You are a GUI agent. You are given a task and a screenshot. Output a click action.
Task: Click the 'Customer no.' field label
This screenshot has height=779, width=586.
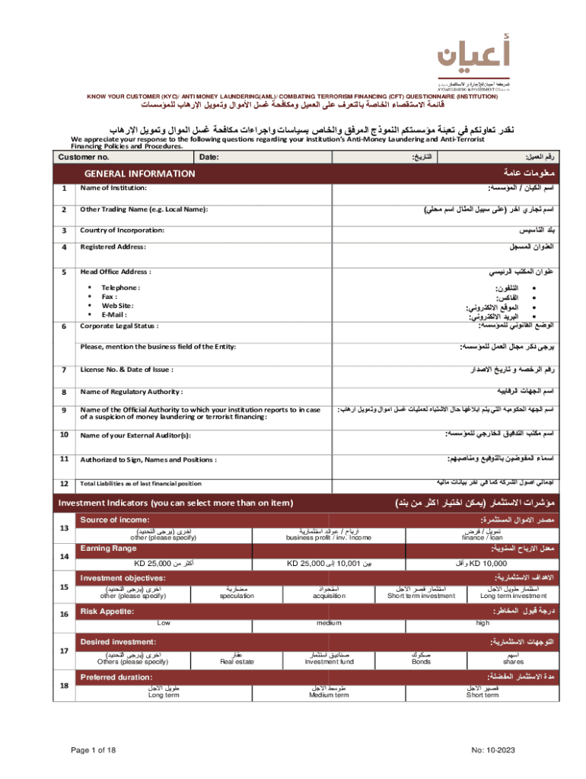[83, 157]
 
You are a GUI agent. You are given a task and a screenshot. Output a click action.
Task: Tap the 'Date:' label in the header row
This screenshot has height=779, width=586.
[209, 157]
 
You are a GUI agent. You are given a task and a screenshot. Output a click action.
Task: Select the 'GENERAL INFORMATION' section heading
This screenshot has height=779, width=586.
[139, 173]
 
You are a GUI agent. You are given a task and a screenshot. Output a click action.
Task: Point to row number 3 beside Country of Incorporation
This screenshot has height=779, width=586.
[65, 231]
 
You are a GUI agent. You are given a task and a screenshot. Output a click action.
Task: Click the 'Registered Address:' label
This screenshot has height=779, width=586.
[113, 247]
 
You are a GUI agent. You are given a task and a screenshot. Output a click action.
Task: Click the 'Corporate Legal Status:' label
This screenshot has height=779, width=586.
[119, 326]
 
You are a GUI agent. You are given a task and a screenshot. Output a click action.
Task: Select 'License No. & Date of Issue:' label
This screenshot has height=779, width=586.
[126, 370]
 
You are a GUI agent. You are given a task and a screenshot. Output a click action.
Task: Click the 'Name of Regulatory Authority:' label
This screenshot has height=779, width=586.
[132, 392]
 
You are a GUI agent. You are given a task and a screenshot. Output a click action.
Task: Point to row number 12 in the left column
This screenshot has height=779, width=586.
[64, 484]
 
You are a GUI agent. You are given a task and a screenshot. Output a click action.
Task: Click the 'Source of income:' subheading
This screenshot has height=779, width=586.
[114, 520]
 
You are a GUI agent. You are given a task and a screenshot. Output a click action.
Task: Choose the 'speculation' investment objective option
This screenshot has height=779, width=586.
[237, 596]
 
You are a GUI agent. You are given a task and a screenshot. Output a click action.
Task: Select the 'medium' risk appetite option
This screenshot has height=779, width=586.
[328, 623]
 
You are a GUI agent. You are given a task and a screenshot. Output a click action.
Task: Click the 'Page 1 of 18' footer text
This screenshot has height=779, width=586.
[94, 751]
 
